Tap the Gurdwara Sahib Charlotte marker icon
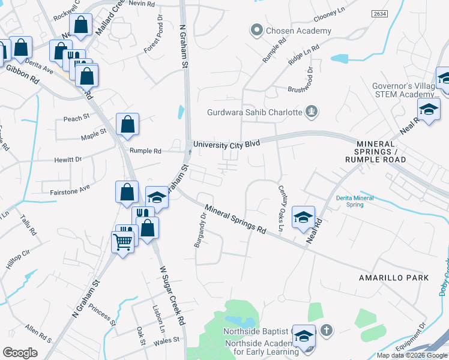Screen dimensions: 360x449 point(311,111)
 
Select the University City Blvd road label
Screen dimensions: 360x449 point(226,145)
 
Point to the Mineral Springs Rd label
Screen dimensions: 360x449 point(235,220)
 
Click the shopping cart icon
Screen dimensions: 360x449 point(123,242)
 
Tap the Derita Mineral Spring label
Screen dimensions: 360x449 point(355,201)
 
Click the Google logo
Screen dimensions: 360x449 point(20,353)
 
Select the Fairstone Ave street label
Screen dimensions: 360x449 point(70,188)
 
